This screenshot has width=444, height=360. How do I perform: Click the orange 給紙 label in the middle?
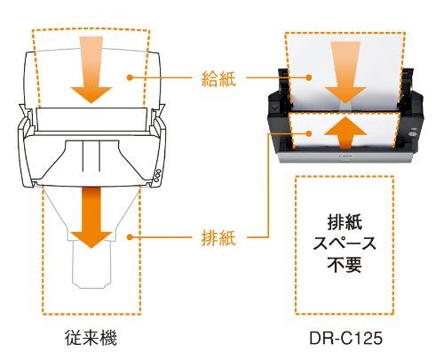click(x=218, y=78)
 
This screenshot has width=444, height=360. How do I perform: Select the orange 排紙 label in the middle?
click(x=218, y=237)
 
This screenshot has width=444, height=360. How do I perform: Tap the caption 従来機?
click(x=91, y=338)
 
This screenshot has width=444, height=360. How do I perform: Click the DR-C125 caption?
click(x=345, y=339)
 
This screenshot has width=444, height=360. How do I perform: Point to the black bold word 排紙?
click(x=345, y=222)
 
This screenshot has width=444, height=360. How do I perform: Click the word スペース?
click(x=345, y=244)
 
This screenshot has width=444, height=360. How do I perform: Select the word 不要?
click(x=345, y=265)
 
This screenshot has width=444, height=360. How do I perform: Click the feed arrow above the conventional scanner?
click(x=91, y=70)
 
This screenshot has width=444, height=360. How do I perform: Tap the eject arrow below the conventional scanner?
click(x=91, y=217)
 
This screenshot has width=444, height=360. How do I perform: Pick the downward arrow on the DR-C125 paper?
click(x=345, y=72)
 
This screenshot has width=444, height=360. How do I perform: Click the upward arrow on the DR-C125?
click(x=345, y=132)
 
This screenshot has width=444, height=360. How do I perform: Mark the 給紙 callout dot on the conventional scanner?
click(x=130, y=77)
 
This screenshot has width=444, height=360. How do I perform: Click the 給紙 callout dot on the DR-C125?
click(x=309, y=77)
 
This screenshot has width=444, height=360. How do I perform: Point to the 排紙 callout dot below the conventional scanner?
click(x=130, y=237)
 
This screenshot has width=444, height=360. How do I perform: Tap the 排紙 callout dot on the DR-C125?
click(x=309, y=133)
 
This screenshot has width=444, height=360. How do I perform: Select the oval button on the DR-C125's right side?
click(x=411, y=134)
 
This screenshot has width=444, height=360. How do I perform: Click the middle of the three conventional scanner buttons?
click(x=157, y=175)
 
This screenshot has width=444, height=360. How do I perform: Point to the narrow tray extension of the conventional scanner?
click(x=91, y=264)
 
